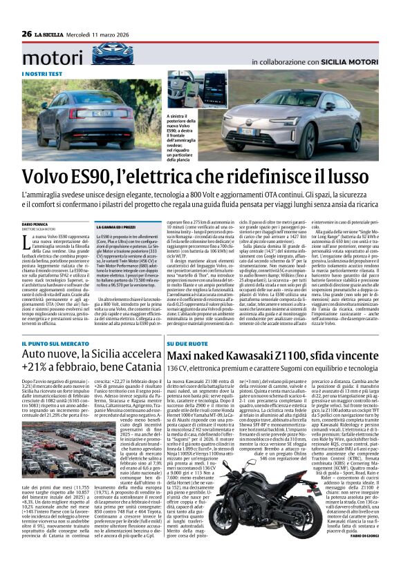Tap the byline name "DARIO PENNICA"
coord(36,224)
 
